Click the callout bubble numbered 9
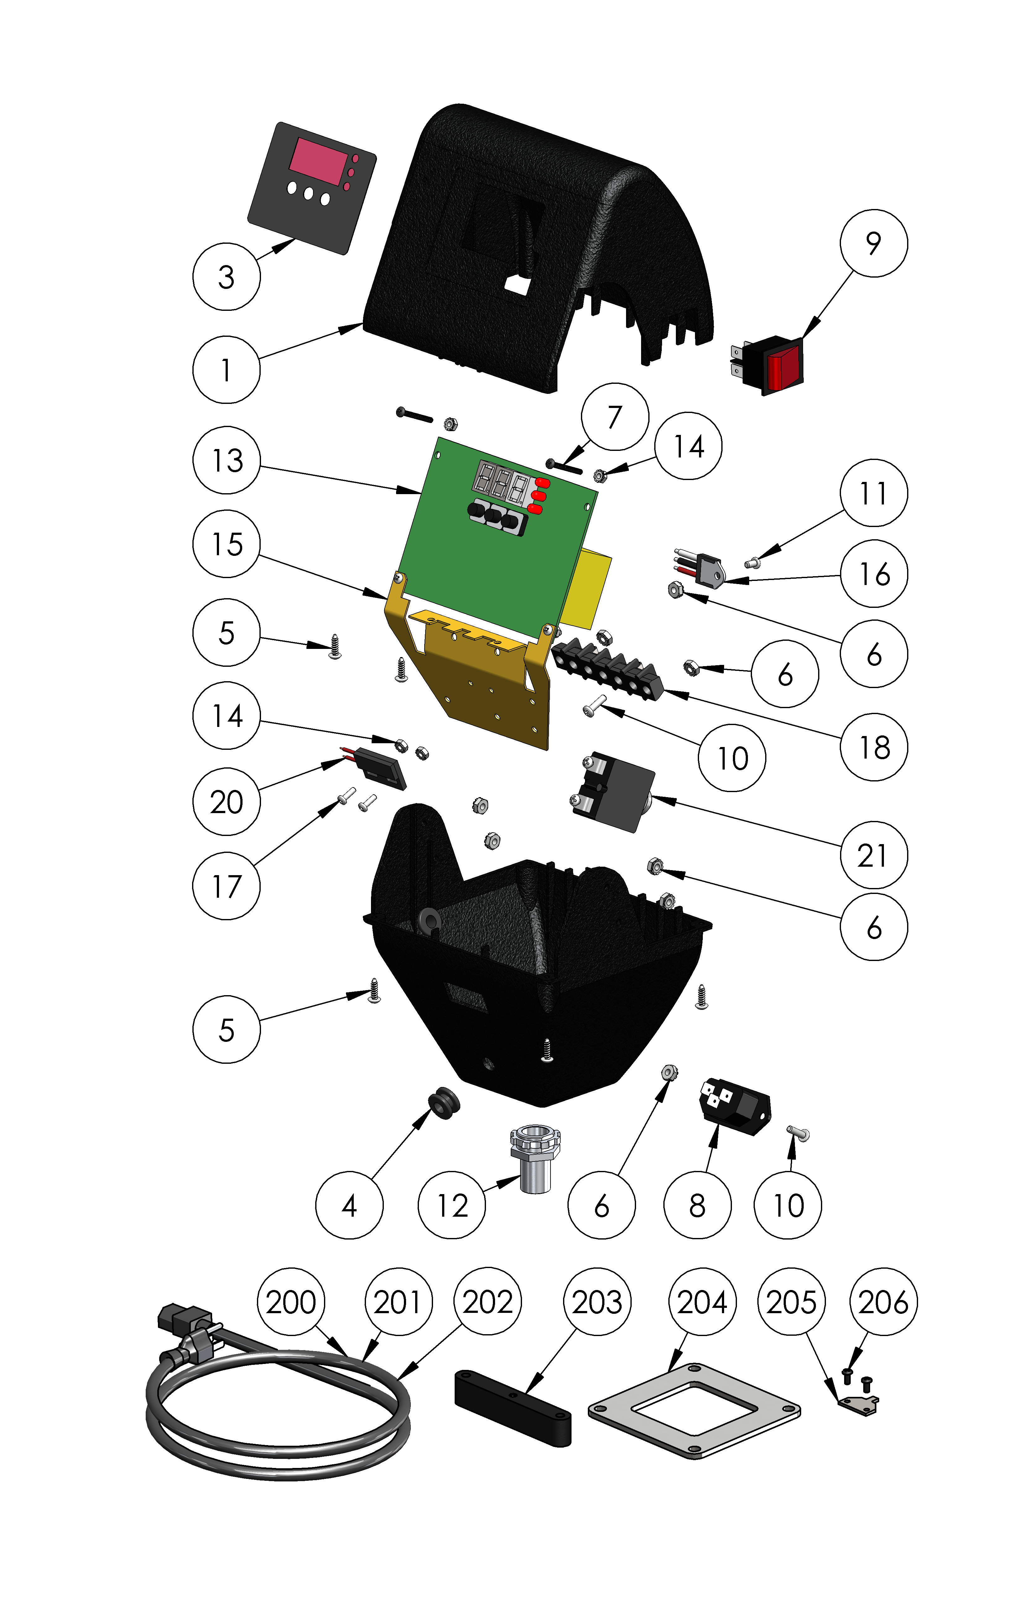tap(874, 243)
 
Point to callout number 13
tap(226, 460)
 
